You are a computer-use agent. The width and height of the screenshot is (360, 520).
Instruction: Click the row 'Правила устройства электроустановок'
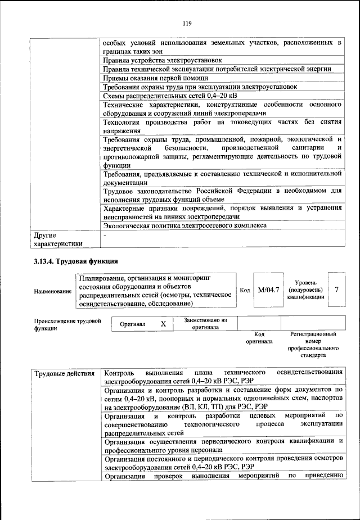pyautogui.click(x=163, y=60)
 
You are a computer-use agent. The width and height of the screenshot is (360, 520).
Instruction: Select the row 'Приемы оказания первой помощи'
pyautogui.click(x=156, y=78)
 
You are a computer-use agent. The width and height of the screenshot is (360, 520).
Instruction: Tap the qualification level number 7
pyautogui.click(x=336, y=290)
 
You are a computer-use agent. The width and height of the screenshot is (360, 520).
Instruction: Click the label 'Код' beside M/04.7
pyautogui.click(x=244, y=290)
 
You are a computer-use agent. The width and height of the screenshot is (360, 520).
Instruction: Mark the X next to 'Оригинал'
pyautogui.click(x=163, y=324)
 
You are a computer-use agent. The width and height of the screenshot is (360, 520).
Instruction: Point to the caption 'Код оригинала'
pyautogui.click(x=259, y=337)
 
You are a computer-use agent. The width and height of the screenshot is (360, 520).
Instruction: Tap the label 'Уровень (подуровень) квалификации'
pyautogui.click(x=308, y=290)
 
